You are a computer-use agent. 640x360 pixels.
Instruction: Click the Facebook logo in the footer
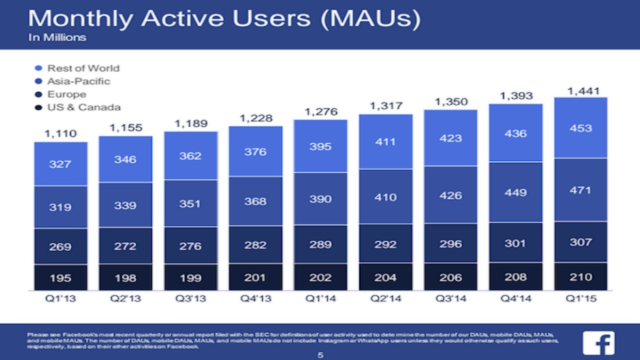pyautogui.click(x=598, y=342)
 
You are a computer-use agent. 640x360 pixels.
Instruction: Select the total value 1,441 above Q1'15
pyautogui.click(x=581, y=90)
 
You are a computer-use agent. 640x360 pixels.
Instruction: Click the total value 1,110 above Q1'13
pyautogui.click(x=61, y=134)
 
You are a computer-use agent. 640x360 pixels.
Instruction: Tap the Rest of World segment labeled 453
pyautogui.click(x=581, y=128)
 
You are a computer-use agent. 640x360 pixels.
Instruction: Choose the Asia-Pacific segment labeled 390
pyautogui.click(x=320, y=199)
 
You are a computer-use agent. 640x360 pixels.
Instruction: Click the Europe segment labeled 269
pyautogui.click(x=61, y=246)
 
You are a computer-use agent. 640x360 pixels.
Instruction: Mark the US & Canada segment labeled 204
pyautogui.click(x=385, y=277)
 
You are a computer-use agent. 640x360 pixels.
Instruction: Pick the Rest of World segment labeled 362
pyautogui.click(x=190, y=156)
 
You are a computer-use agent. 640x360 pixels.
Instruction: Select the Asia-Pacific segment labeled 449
pyautogui.click(x=515, y=192)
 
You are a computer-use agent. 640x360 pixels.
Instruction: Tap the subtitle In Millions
pyautogui.click(x=57, y=37)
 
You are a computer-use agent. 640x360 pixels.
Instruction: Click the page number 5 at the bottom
pyautogui.click(x=320, y=355)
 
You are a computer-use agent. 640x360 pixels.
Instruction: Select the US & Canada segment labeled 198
pyautogui.click(x=125, y=277)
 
